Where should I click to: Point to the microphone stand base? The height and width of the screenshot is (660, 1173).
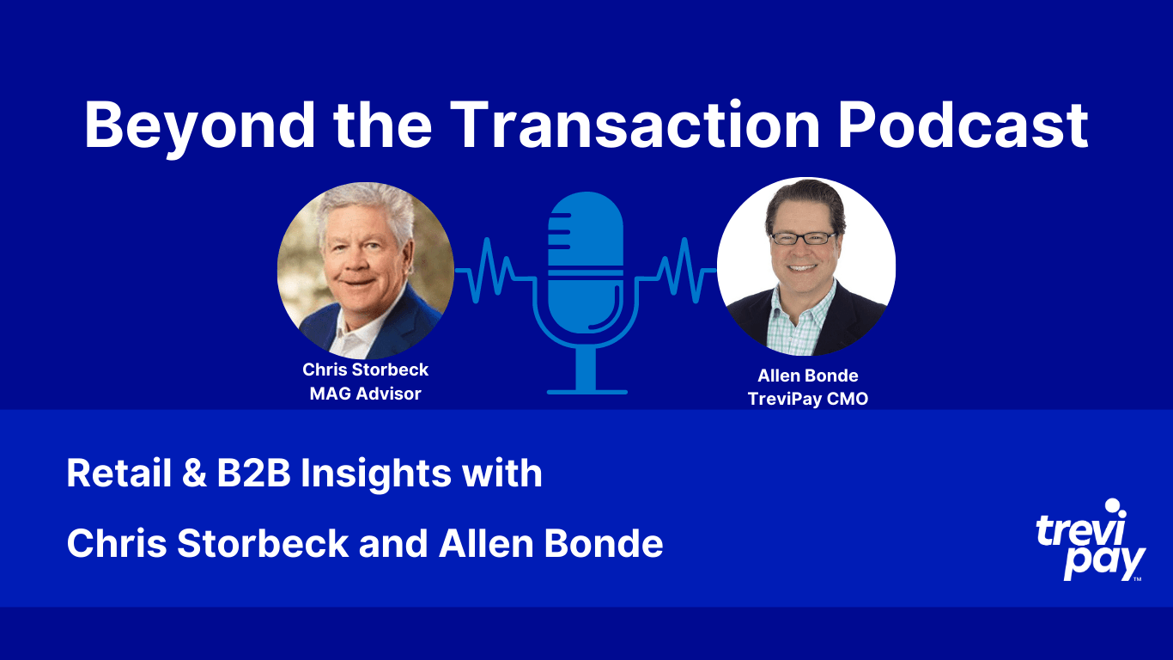[x=586, y=392]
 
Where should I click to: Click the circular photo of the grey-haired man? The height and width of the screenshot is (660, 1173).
[x=366, y=270]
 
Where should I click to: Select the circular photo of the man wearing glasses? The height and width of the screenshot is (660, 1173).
[x=805, y=266]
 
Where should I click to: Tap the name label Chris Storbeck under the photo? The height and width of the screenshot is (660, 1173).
[x=366, y=370]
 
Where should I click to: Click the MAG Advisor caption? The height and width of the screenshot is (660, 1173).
[x=366, y=394]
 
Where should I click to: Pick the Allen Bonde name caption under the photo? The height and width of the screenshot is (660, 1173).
[x=807, y=376]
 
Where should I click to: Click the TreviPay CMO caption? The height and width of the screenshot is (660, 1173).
[x=807, y=400]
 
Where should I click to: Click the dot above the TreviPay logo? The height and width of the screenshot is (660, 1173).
[x=1114, y=506]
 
